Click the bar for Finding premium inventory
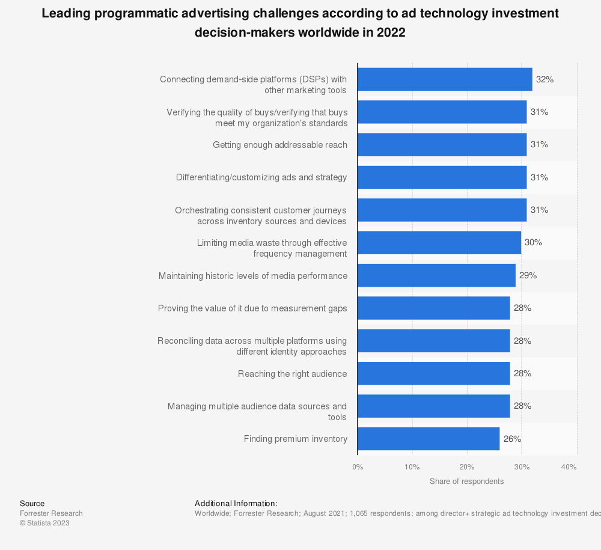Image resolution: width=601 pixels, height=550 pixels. coord(428,439)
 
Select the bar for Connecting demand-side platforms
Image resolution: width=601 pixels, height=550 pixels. coord(444,79)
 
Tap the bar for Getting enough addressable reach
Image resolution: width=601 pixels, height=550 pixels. coord(442,145)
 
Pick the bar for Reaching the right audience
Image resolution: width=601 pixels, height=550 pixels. coord(433,373)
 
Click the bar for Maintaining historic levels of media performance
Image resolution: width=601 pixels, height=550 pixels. coord(436,275)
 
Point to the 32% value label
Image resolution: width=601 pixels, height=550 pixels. coord(545,79)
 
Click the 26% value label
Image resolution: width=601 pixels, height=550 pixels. coord(512,439)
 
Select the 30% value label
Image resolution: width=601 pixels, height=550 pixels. coord(533,243)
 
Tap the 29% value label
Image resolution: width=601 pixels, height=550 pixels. coord(528,275)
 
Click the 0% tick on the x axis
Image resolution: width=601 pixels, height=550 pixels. coord(358,467)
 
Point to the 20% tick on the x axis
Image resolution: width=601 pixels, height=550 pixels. coord(467,467)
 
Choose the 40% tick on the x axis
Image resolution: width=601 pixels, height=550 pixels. coord(569,467)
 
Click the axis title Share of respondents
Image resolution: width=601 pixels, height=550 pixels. coord(466,481)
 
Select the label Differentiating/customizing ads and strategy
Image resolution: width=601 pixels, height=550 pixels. coord(261,177)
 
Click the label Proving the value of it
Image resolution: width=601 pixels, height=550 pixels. coord(252,308)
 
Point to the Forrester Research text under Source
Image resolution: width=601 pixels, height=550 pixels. coord(51,513)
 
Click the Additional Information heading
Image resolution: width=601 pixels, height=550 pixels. coord(236,503)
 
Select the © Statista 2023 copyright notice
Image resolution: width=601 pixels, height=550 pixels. coord(44,523)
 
